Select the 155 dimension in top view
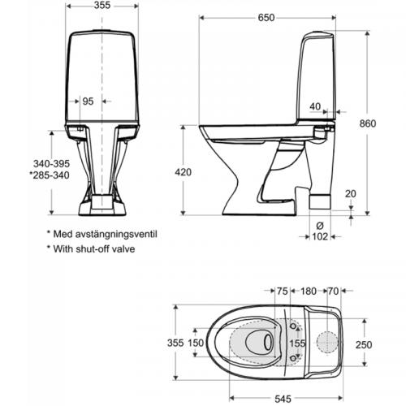coord(297,343)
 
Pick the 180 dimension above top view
coord(309,291)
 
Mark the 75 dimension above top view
coord(283,291)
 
